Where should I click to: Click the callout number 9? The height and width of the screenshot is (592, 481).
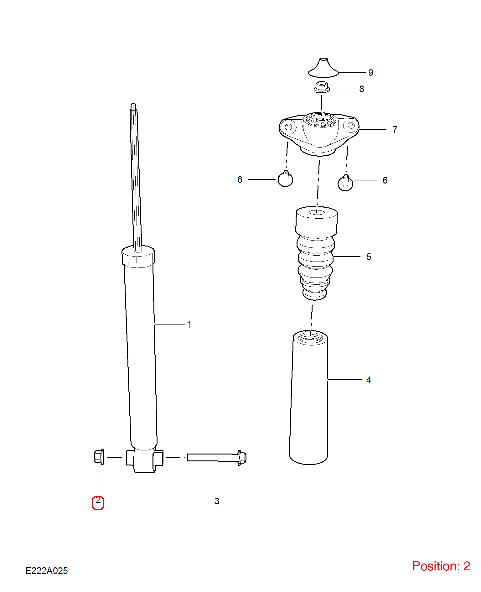tap(371, 73)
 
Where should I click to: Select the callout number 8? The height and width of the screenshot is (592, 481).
tap(362, 89)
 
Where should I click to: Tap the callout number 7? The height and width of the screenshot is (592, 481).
tap(395, 129)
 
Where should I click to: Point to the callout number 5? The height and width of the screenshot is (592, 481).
tap(369, 257)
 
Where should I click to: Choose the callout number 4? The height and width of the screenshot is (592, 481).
tap(369, 380)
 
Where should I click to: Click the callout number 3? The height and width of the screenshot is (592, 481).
tap(217, 501)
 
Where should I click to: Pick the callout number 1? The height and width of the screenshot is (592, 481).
tap(189, 325)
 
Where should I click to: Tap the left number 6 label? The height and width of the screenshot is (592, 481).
tap(240, 179)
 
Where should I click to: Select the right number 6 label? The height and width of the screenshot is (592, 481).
tap(385, 180)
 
